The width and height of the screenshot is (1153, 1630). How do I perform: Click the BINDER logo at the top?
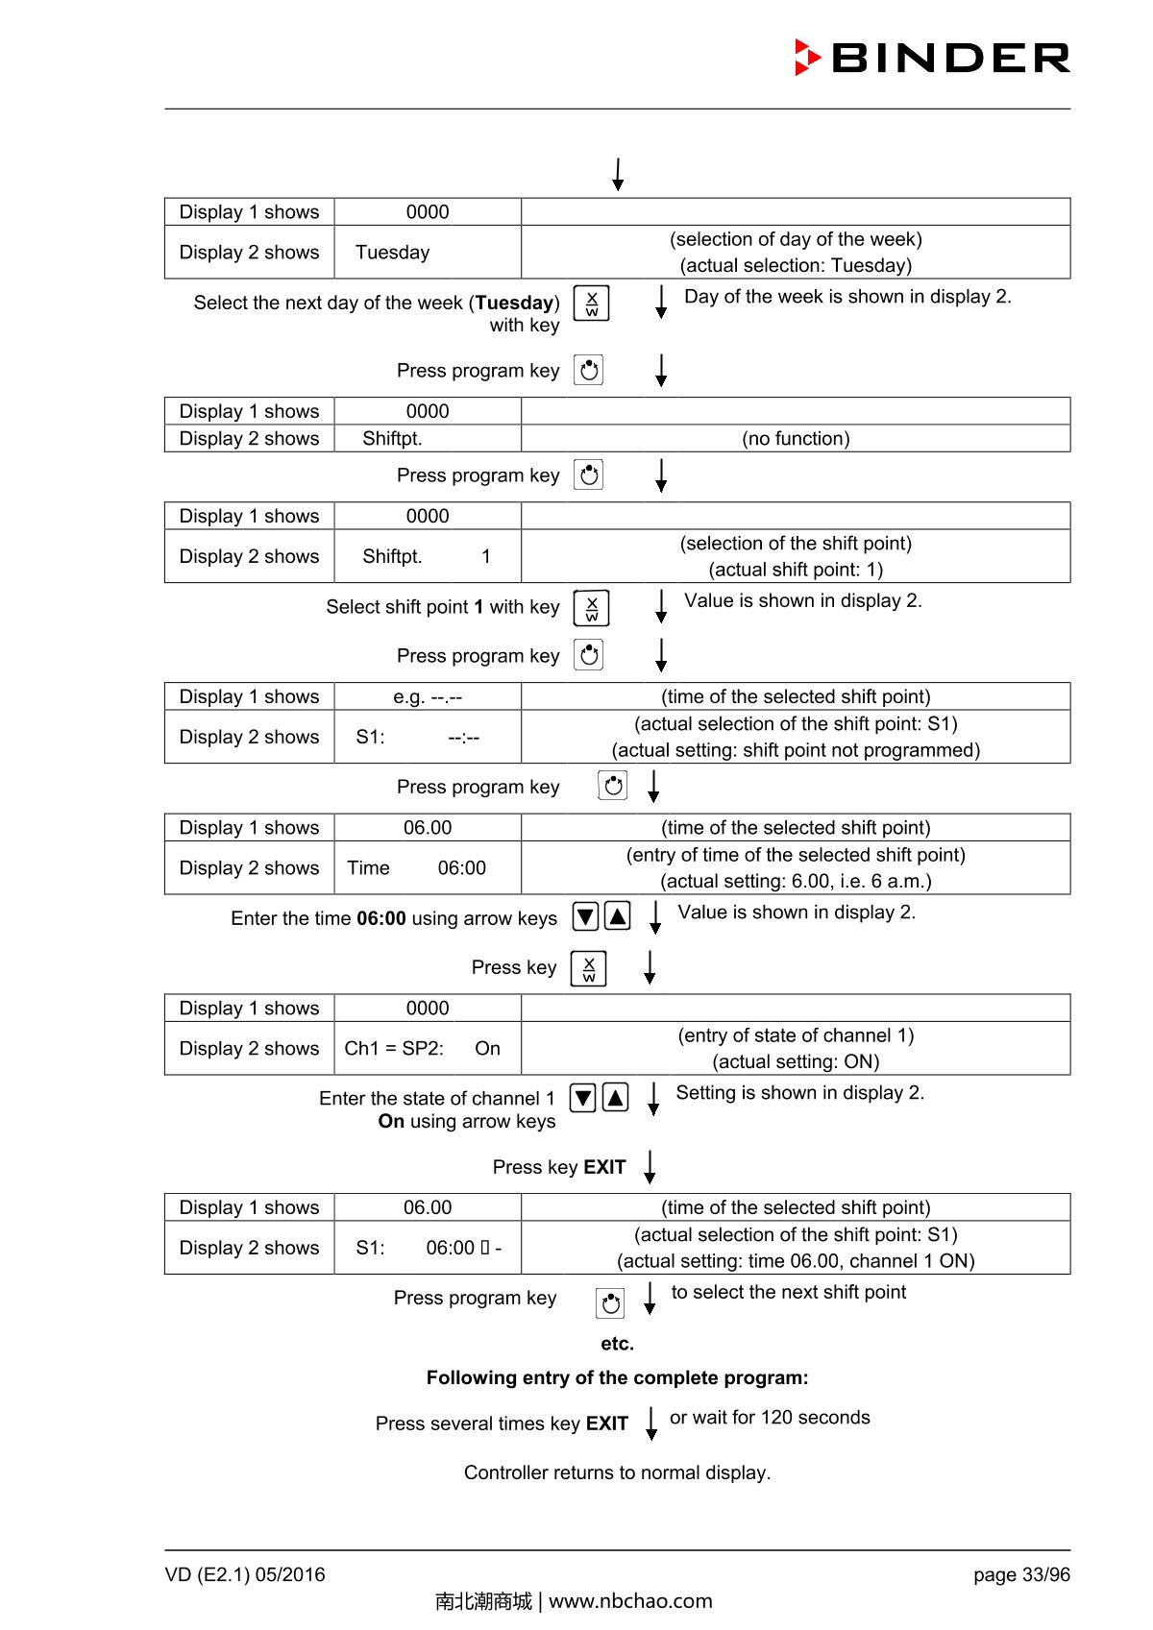[x=931, y=58]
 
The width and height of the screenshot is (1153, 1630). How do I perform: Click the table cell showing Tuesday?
[x=427, y=253]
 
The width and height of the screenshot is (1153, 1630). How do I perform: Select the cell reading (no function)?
[x=796, y=439]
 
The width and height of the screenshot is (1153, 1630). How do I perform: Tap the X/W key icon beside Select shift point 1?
[x=591, y=608]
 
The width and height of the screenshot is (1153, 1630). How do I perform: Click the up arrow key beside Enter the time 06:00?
[x=618, y=916]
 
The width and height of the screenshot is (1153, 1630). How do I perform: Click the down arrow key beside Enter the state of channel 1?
[x=583, y=1097]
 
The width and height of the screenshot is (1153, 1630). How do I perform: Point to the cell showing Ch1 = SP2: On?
[x=427, y=1049]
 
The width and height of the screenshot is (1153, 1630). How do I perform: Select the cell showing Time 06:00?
[x=427, y=868]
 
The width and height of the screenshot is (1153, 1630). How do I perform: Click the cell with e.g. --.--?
[x=427, y=697]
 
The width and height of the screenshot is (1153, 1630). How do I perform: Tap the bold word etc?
[x=617, y=1344]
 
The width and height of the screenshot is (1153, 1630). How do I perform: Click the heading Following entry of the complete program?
[x=617, y=1378]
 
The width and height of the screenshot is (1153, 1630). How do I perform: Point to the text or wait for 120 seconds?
[x=770, y=1418]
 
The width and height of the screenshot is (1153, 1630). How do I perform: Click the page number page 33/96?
[x=1020, y=1575]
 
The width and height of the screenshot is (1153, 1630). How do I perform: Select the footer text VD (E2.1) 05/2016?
[x=245, y=1575]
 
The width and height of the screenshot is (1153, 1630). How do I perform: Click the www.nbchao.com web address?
[x=630, y=1601]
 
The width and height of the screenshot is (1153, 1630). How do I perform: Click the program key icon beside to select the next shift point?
[x=610, y=1303]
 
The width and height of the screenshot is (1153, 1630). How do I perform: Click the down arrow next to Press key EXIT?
[x=650, y=1167]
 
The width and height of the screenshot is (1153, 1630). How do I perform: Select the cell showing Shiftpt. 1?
[x=427, y=557]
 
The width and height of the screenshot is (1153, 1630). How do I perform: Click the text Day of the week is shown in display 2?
[x=847, y=297]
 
